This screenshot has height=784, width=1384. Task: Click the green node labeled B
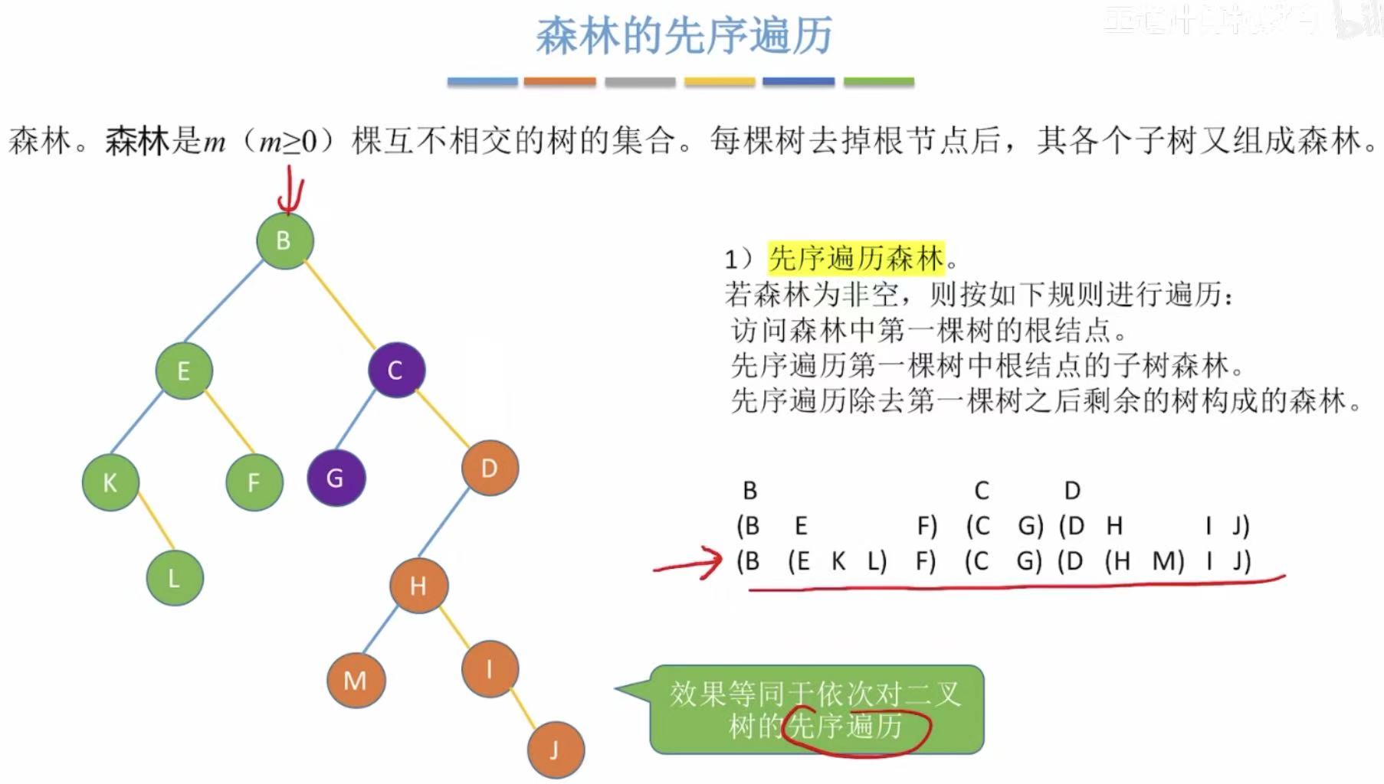coord(284,240)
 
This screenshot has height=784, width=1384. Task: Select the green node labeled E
coord(184,371)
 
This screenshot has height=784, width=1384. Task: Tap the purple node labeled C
coord(396,370)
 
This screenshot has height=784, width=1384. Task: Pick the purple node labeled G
coord(336,478)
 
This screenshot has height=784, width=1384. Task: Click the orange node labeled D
coord(490,468)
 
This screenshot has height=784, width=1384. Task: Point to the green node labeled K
coord(110,482)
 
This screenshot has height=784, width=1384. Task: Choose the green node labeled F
coord(254,482)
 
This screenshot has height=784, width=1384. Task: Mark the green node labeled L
coord(175,577)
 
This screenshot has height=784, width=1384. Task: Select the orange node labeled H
coord(418,586)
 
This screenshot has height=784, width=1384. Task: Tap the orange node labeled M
coord(356,680)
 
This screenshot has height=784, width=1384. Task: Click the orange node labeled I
coord(490,668)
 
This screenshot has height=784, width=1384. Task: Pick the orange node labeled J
coord(556,750)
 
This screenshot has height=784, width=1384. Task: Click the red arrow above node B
coord(291,193)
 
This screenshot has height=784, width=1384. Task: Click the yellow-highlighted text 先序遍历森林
coord(856,258)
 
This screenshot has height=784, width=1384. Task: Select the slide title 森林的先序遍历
coord(684,36)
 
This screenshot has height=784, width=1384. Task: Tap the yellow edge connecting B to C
coord(339,304)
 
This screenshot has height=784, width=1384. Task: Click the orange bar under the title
coord(559,81)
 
